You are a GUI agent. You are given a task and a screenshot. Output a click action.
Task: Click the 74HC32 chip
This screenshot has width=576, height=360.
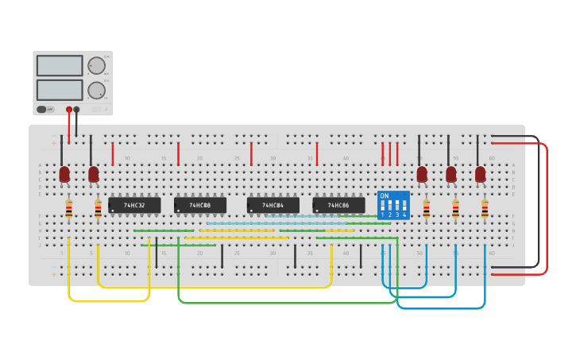point(134,206)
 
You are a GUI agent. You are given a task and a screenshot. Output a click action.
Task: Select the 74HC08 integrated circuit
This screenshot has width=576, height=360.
point(199,206)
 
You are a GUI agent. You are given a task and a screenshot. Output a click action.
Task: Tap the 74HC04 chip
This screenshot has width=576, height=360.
point(273,206)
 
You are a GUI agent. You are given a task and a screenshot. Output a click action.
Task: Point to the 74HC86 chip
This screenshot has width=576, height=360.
point(338,206)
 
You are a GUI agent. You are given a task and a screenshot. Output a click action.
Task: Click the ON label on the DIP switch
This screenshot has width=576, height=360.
point(385,195)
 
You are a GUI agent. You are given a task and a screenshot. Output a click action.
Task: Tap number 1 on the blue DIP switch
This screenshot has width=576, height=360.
point(383,215)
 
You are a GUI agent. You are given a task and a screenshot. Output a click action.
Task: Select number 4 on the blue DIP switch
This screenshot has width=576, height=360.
point(404,215)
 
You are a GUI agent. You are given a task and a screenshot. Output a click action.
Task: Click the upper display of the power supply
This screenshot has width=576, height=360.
point(60,65)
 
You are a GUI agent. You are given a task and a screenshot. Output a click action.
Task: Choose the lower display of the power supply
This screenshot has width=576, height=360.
point(60,90)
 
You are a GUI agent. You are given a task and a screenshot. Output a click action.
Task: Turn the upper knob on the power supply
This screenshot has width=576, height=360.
point(96,65)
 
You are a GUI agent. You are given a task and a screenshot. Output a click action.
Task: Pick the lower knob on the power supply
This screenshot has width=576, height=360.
point(96,90)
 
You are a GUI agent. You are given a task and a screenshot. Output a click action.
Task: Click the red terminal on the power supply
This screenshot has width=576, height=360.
point(69,110)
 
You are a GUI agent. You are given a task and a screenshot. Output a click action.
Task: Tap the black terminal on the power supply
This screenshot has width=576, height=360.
point(76,110)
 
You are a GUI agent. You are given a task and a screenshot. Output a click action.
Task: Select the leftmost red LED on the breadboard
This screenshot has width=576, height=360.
point(64,174)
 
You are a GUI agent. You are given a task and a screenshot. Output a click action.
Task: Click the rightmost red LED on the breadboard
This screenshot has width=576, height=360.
point(480,174)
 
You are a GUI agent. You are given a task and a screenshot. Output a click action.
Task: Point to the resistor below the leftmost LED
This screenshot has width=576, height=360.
point(68,209)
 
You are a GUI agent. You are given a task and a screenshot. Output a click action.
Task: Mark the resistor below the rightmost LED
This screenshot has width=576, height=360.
point(485,209)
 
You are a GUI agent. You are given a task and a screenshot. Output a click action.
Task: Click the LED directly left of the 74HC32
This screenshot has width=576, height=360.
point(94,174)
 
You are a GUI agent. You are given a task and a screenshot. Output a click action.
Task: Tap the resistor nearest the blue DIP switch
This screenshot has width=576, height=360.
point(427,209)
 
